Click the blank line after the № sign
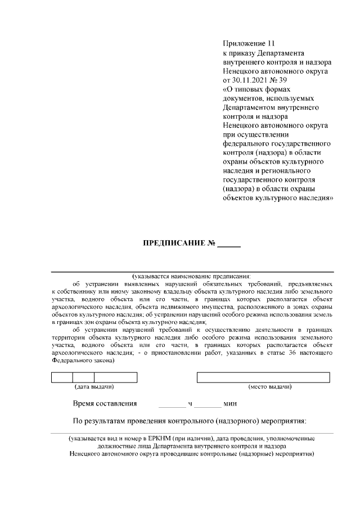pyautogui.click(x=229, y=245)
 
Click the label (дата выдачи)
pyautogui.click(x=94, y=387)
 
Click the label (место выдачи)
pyautogui.click(x=269, y=387)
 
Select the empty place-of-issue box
pyautogui.click(x=263, y=377)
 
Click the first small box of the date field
pyautogui.click(x=62, y=377)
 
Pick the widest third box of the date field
pyautogui.click(x=116, y=377)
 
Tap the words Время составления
pyautogui.click(x=105, y=403)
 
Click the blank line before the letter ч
pyautogui.click(x=172, y=405)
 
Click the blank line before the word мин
pyautogui.click(x=209, y=405)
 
